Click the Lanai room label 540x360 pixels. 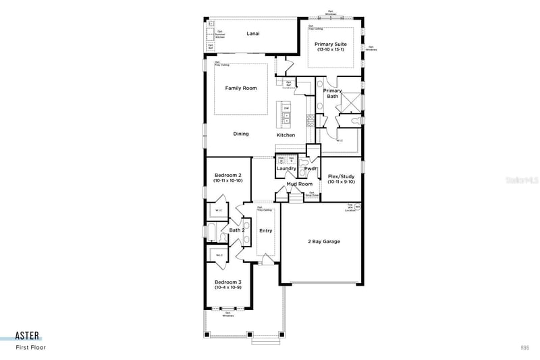tap(253, 33)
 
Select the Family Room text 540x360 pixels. tap(241, 88)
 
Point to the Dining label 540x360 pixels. tap(241, 134)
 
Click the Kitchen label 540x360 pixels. tap(286, 135)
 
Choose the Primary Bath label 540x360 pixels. tap(333, 93)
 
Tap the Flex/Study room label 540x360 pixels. tap(341, 176)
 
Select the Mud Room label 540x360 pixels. tap(299, 184)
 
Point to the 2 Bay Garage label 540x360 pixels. tap(324, 241)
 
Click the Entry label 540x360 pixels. tap(266, 231)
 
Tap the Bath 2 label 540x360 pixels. tap(236, 230)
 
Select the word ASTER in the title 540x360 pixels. tap(28, 336)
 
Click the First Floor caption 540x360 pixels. tap(31, 348)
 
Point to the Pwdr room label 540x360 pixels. tap(310, 168)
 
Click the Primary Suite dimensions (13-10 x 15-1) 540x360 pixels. tap(331, 50)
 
